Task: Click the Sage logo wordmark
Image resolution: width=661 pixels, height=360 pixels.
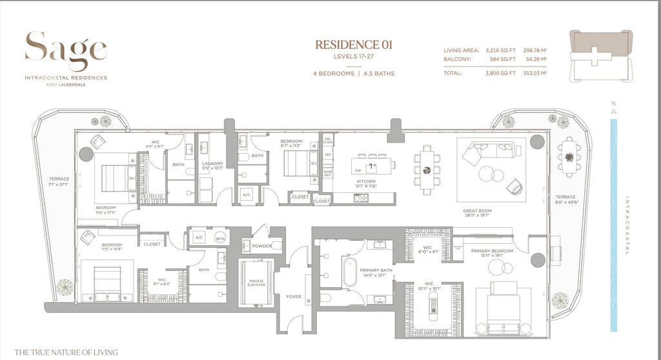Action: [66, 50]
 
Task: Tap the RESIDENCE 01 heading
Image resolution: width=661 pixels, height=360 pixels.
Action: [353, 45]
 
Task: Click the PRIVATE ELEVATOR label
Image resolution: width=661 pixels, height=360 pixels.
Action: [256, 283]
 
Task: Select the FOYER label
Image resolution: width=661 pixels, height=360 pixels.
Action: [294, 297]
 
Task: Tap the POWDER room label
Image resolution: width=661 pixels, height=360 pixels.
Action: [261, 246]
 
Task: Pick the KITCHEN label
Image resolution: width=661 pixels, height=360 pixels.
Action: [365, 183]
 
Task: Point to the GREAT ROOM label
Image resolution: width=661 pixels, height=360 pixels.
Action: [478, 211]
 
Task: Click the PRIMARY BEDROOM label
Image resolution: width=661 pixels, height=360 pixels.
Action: [492, 251]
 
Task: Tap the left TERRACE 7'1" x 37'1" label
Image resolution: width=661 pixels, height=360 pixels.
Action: [59, 182]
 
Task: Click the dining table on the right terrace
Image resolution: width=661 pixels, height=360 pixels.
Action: [569, 157]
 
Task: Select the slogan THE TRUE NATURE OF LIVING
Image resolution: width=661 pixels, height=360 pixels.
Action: [66, 352]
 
